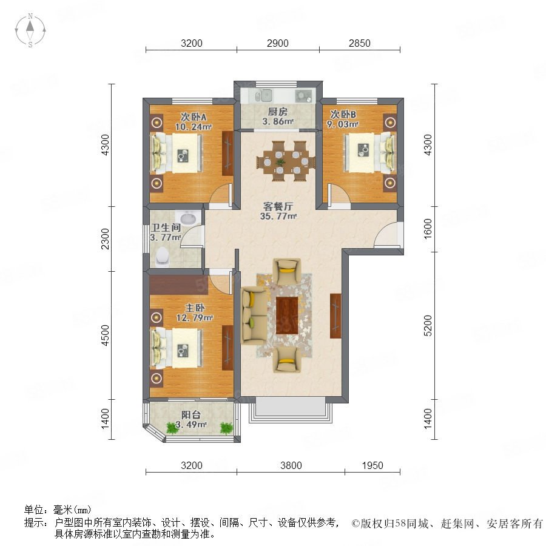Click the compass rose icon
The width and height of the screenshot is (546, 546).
tap(30, 30)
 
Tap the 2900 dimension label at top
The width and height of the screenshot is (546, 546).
tap(277, 43)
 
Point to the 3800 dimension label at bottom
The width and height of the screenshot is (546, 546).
tap(291, 465)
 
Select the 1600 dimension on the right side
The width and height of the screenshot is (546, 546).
tap(428, 229)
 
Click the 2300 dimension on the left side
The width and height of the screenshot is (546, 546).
tap(105, 239)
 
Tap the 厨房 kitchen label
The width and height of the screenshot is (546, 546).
tap(277, 112)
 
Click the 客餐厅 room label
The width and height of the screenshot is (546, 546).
tap(278, 206)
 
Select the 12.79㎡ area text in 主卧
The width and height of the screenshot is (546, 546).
tap(195, 317)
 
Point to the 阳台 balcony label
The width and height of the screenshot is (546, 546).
tap(191, 415)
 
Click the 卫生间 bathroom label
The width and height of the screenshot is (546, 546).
tap(166, 227)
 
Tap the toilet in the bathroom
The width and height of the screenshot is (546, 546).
tap(162, 256)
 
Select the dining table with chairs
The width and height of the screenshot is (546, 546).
tap(286, 161)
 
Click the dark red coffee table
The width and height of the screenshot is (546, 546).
tap(288, 315)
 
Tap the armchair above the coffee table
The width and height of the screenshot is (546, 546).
tap(287, 271)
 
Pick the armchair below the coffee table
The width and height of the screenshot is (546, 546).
tap(287, 360)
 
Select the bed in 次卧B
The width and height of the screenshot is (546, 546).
tap(370, 153)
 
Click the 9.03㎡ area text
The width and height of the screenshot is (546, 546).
tap(343, 124)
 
